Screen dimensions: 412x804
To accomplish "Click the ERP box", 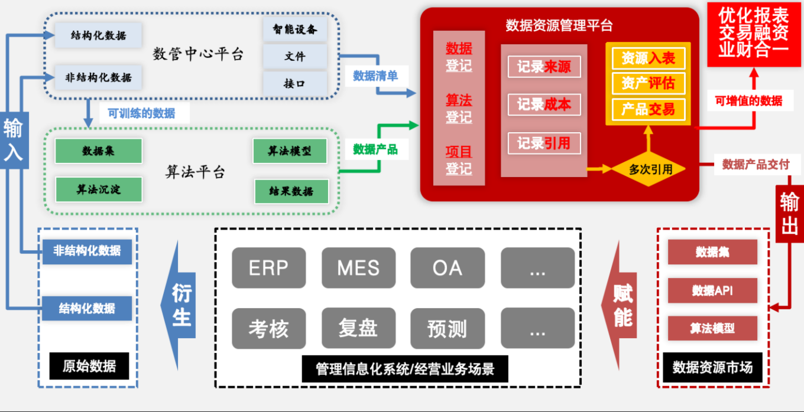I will (268, 268).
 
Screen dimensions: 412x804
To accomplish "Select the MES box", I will (358, 268).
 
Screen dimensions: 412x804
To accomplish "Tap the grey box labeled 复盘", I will (358, 328).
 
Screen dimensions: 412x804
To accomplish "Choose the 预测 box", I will (448, 328).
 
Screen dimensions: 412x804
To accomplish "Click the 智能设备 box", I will (295, 29).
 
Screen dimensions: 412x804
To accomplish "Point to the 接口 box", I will (295, 83).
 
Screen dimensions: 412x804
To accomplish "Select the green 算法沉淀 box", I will (99, 189).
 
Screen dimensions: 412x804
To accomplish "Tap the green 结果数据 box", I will (291, 191).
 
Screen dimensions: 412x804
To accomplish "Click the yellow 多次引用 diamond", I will (650, 169).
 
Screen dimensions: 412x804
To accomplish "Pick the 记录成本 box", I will (544, 104).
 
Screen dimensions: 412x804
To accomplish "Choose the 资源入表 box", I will (648, 58).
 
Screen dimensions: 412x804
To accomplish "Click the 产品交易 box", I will (648, 109).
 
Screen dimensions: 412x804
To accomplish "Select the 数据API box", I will (712, 290).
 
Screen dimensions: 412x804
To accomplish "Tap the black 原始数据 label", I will (89, 366).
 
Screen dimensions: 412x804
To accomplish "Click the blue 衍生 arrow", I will (180, 305).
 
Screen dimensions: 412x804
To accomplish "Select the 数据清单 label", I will (375, 76).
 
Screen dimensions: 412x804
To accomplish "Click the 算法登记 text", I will (459, 109).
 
